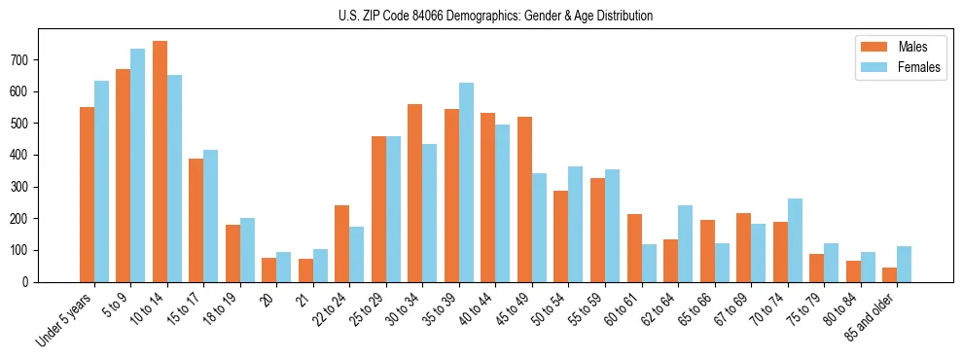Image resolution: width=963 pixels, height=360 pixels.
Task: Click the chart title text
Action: pos(481,16)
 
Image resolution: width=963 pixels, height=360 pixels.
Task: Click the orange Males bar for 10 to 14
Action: pos(160,162)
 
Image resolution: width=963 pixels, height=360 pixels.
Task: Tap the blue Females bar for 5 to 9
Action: pos(137,165)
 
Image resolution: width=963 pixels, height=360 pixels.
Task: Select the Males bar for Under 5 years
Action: pos(87,195)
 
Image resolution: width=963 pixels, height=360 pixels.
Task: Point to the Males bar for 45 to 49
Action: pos(524,199)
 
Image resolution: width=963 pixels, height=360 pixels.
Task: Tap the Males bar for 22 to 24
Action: pos(342,243)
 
